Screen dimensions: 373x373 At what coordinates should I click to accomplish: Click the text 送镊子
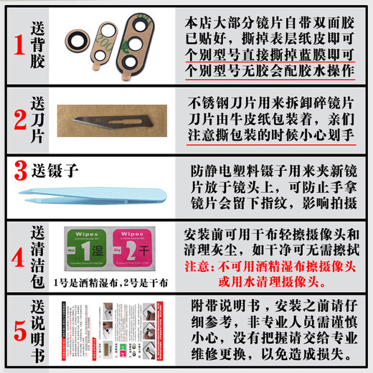click(54, 171)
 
